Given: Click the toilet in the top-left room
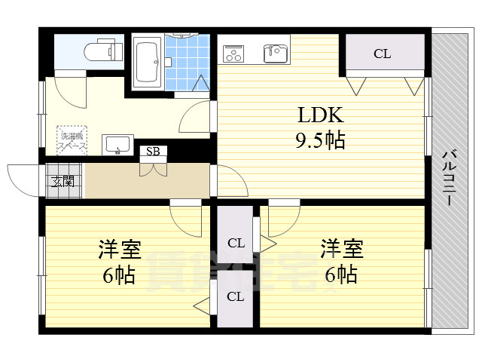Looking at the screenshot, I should (x=102, y=51).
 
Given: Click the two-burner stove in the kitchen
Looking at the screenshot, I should (x=234, y=54).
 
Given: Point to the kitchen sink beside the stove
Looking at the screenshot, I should (x=274, y=53).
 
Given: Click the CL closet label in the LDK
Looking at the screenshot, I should (x=383, y=54).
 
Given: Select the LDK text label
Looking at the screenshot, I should (x=320, y=115).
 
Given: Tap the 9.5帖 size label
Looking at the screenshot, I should (x=320, y=141).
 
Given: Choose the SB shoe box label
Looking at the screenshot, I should (x=153, y=152).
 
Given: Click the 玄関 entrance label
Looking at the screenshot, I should (x=63, y=181).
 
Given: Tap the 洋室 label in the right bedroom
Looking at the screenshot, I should (x=342, y=247).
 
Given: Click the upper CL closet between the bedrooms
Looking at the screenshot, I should (x=236, y=243).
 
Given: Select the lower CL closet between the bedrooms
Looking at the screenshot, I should (x=236, y=296).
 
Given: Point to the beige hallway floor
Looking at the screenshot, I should (x=147, y=181).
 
